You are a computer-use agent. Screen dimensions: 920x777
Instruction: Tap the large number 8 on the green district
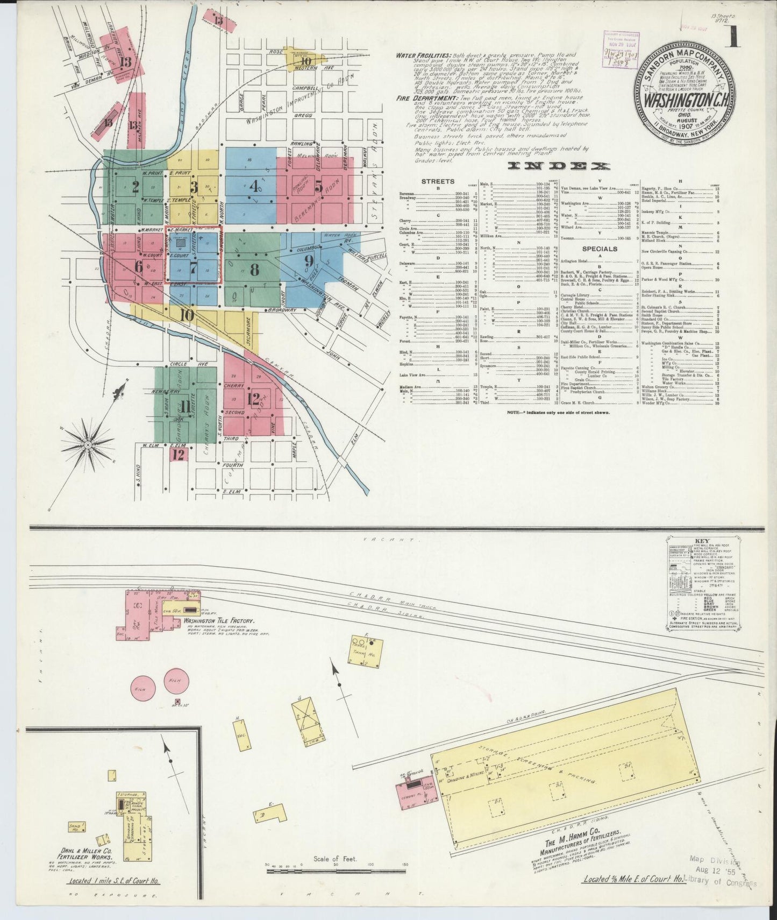254,269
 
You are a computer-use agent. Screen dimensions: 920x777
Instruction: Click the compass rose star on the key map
88,444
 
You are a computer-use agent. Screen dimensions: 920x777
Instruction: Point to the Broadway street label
282,310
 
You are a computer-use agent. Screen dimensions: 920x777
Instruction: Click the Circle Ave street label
182,364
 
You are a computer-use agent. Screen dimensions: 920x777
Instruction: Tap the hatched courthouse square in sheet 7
180,242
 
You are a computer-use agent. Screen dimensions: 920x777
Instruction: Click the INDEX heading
560,167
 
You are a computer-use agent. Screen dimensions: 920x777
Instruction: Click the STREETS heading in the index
438,181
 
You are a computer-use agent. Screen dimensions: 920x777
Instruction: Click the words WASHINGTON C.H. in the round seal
682,100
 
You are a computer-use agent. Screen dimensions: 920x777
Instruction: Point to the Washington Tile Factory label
218,620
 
